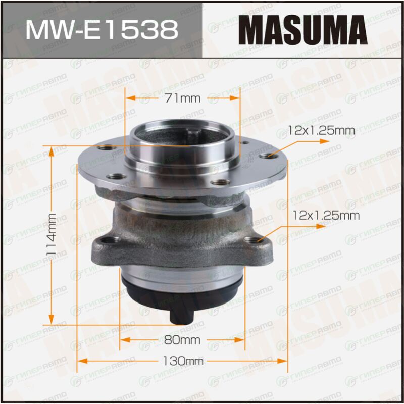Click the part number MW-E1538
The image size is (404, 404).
coord(102,30)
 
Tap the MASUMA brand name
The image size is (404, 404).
coord(302,30)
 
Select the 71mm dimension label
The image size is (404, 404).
coord(182,98)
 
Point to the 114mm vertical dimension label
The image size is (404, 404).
coord(52,234)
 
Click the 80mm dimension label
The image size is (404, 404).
coord(182,340)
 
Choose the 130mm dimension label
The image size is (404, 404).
coord(183,361)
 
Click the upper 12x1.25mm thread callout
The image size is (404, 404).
coord(321,131)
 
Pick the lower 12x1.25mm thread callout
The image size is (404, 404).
coord(326,216)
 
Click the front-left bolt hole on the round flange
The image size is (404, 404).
coord(117,177)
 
